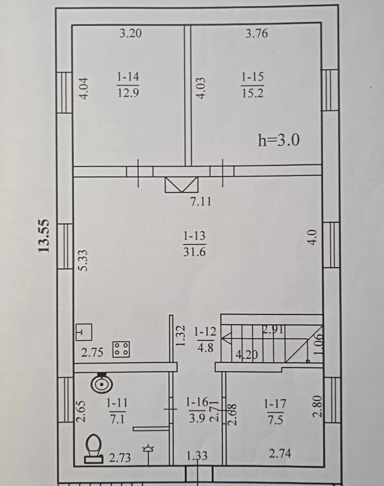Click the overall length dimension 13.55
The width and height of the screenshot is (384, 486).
(x=44, y=236)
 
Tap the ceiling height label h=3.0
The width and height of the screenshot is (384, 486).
(x=279, y=140)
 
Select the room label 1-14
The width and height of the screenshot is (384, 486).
(x=128, y=76)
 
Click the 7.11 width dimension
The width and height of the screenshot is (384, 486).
(x=201, y=201)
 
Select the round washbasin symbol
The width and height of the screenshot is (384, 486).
(x=102, y=384)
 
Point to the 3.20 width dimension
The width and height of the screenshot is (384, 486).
(x=131, y=34)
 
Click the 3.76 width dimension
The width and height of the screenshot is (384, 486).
(x=257, y=34)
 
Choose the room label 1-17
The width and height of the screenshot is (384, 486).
(x=275, y=403)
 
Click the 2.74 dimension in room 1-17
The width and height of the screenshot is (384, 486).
(x=280, y=453)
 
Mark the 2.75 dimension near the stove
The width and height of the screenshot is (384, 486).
(x=92, y=352)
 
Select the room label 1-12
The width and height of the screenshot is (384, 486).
(x=205, y=332)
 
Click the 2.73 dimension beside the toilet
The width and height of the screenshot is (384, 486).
(x=120, y=458)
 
